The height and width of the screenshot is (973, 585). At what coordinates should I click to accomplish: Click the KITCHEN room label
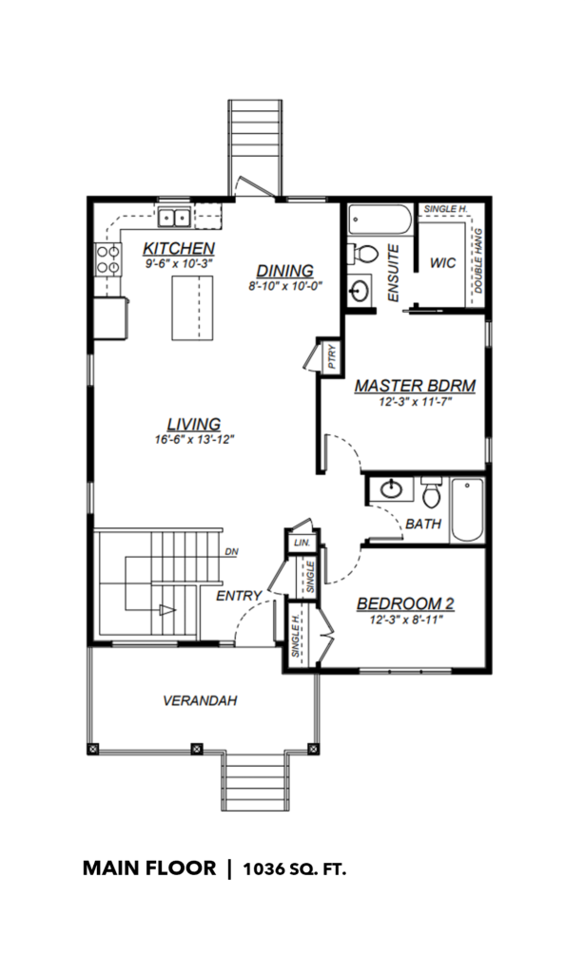(x=179, y=248)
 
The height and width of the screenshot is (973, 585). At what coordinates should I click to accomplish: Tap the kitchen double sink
(x=174, y=218)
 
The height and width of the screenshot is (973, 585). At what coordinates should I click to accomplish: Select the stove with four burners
(x=107, y=259)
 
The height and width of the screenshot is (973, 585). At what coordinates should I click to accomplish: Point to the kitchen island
(x=192, y=308)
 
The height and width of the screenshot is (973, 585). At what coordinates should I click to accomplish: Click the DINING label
(x=285, y=271)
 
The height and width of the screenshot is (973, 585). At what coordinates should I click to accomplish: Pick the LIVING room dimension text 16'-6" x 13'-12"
(x=194, y=439)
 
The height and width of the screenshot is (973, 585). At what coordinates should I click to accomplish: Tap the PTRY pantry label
(x=331, y=357)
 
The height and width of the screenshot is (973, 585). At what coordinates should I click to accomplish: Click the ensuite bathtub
(x=380, y=219)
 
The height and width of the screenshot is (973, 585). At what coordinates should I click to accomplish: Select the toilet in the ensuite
(x=362, y=253)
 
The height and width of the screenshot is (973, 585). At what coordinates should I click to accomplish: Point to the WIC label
(x=442, y=263)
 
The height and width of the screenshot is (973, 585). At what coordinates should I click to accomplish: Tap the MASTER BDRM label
(x=415, y=386)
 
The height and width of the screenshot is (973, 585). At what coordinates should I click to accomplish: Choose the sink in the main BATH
(x=391, y=489)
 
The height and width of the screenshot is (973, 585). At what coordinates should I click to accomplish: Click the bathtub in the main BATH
(x=467, y=510)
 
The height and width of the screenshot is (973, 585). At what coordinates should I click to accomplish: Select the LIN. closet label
(x=302, y=543)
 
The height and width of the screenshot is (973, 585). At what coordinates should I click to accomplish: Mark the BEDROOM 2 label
(x=405, y=603)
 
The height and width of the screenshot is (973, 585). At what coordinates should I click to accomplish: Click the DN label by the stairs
(x=231, y=551)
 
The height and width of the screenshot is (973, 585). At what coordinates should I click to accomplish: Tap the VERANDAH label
(x=200, y=701)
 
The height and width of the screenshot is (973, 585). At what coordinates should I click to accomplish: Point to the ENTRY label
(x=239, y=596)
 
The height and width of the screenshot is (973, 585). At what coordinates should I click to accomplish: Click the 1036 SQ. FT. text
(x=295, y=868)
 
